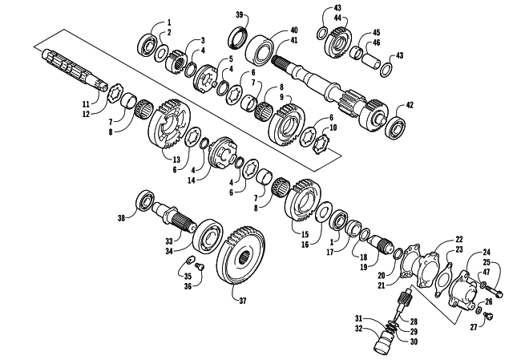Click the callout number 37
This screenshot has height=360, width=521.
(x=243, y=301)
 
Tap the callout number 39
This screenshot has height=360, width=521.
(x=240, y=14)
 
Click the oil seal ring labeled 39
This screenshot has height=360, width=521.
(x=238, y=39)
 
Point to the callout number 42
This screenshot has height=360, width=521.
(x=410, y=105)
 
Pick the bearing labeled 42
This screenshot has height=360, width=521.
(x=395, y=126)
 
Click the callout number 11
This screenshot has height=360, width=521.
(x=86, y=104)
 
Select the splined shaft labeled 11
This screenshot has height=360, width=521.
(x=75, y=70)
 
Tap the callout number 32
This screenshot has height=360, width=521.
(x=358, y=329)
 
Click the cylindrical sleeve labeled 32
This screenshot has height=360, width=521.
(x=384, y=341)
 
